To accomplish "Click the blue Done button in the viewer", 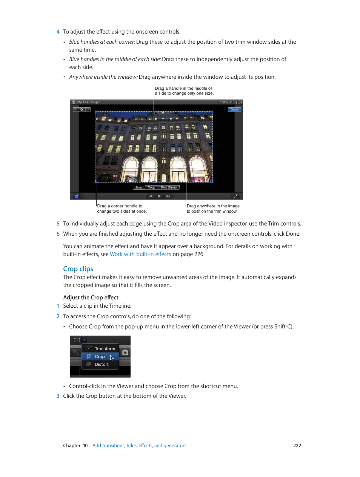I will pyautogui.click(x=234, y=110).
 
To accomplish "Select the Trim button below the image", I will pyautogui.click(x=139, y=187).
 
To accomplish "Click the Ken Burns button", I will pyautogui.click(x=169, y=187).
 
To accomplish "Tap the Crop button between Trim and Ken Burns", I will pyautogui.click(x=151, y=187).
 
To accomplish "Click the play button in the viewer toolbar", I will pyautogui.click(x=159, y=196).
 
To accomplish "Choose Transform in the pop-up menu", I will pyautogui.click(x=105, y=349).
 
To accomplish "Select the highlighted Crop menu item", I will pyautogui.click(x=100, y=357).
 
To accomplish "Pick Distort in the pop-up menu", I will pyautogui.click(x=102, y=365).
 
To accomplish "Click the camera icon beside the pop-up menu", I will pyautogui.click(x=125, y=352).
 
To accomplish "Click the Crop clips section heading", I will pyautogui.click(x=78, y=269).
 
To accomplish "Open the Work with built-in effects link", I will pyautogui.click(x=140, y=254).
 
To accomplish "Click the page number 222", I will pyautogui.click(x=297, y=446).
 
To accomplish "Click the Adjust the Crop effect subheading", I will pyautogui.click(x=91, y=298).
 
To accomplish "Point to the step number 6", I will pyautogui.click(x=58, y=234).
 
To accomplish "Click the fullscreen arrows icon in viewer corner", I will pyautogui.click(x=235, y=196).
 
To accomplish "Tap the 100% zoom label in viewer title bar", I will pyautogui.click(x=224, y=102).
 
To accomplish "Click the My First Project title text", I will pyautogui.click(x=89, y=102).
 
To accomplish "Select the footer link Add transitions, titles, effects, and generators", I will pyautogui.click(x=139, y=446).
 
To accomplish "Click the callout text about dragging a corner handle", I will pyautogui.click(x=122, y=209).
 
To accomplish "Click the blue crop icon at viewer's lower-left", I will pyautogui.click(x=77, y=196).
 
